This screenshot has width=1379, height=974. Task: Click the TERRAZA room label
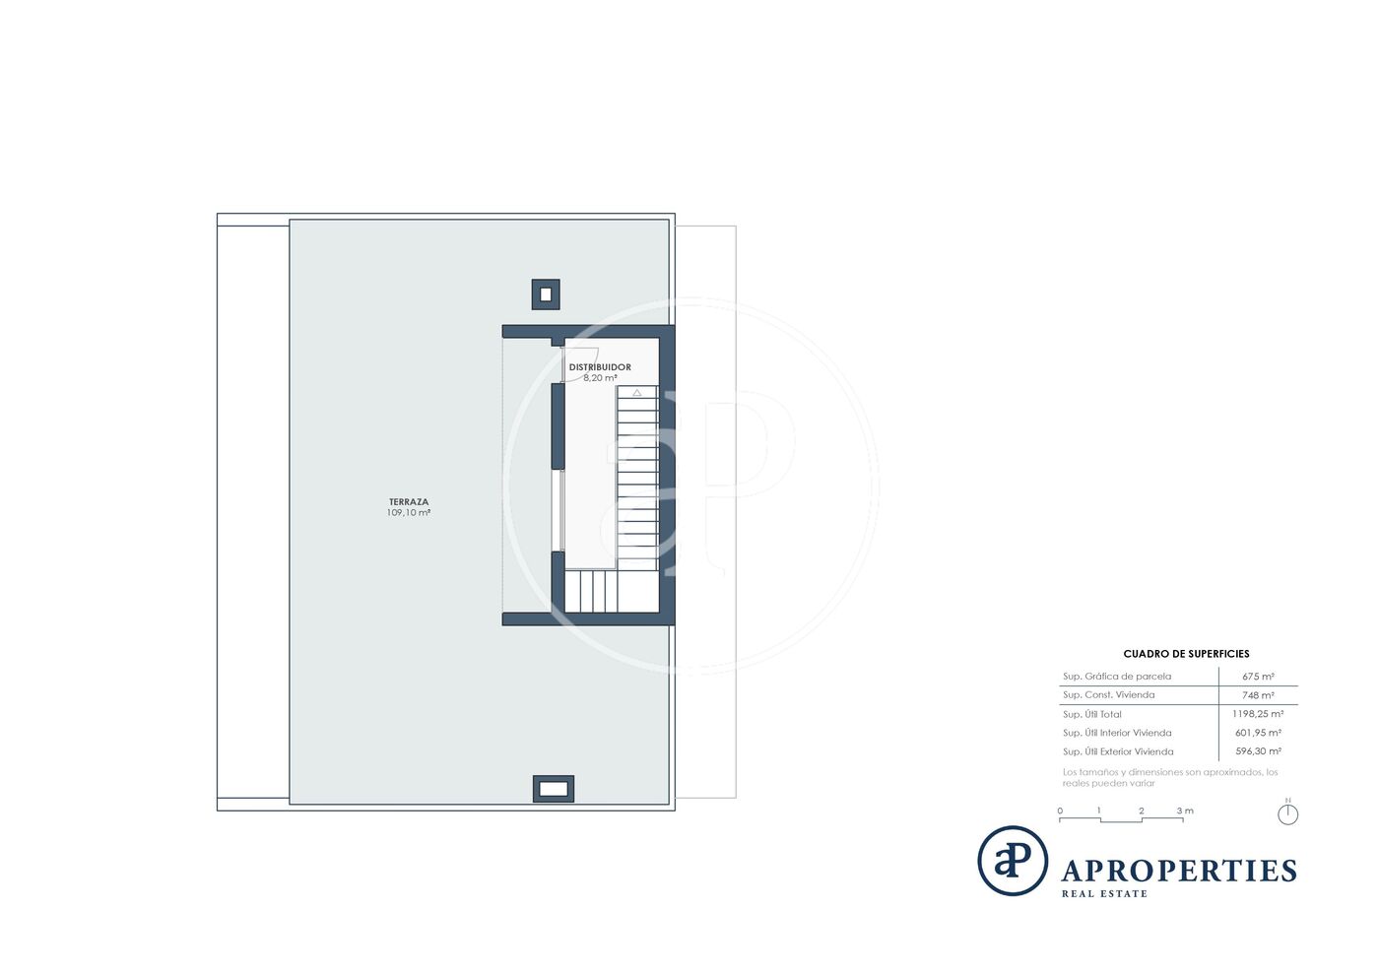click(408, 502)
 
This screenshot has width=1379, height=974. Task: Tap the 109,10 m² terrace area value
click(408, 512)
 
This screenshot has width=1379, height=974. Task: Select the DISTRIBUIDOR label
click(600, 367)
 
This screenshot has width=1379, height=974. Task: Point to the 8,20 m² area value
click(600, 378)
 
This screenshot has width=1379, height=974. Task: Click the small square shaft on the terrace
click(546, 294)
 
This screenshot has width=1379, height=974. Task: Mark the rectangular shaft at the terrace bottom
click(553, 789)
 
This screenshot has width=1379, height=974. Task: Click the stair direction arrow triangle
click(637, 392)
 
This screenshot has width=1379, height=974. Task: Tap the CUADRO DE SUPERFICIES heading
click(1186, 654)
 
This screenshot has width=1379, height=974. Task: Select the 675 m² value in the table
click(1258, 676)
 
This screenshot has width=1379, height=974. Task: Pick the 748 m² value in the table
click(1258, 695)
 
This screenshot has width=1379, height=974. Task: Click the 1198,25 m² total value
click(1258, 714)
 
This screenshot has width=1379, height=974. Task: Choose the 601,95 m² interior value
click(1258, 733)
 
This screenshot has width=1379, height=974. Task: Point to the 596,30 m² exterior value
click(1258, 751)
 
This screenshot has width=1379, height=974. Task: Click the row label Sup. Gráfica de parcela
click(1117, 677)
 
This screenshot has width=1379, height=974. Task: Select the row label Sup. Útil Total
click(1091, 714)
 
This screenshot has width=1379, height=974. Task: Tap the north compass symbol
click(1288, 812)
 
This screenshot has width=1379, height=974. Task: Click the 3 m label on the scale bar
click(1185, 811)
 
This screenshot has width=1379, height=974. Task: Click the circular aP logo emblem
click(1013, 860)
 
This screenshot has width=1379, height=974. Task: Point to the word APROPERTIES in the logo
click(1179, 872)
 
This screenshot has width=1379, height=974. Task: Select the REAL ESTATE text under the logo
click(1104, 893)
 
